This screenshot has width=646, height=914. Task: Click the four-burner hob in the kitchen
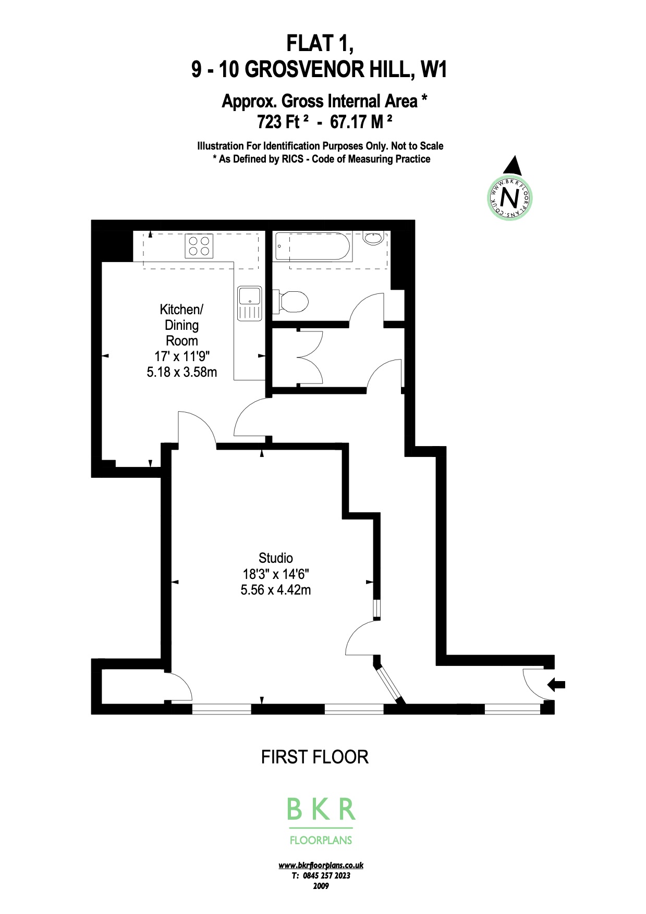click(x=199, y=246)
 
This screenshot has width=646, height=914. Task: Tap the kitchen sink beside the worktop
click(x=249, y=303)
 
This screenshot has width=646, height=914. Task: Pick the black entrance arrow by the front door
click(x=556, y=684)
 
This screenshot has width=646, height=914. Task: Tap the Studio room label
click(x=276, y=558)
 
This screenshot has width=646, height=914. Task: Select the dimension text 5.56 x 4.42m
click(x=276, y=590)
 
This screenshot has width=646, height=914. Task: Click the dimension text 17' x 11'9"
click(x=182, y=356)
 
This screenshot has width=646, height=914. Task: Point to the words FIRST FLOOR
click(x=314, y=757)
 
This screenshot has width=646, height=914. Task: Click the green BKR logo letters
click(x=321, y=809)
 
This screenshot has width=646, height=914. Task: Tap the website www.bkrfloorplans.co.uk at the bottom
click(x=321, y=865)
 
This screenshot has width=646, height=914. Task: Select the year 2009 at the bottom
click(x=321, y=885)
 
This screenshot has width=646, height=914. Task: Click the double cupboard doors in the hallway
click(x=311, y=357)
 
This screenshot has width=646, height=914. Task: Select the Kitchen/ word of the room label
click(x=181, y=310)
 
